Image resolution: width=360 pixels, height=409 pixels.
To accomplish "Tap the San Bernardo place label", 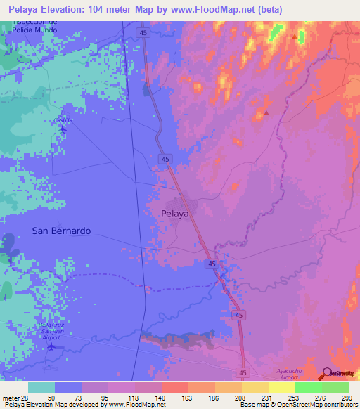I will [62, 231].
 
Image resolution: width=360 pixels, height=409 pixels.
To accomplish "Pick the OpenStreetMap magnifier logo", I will [326, 372].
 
